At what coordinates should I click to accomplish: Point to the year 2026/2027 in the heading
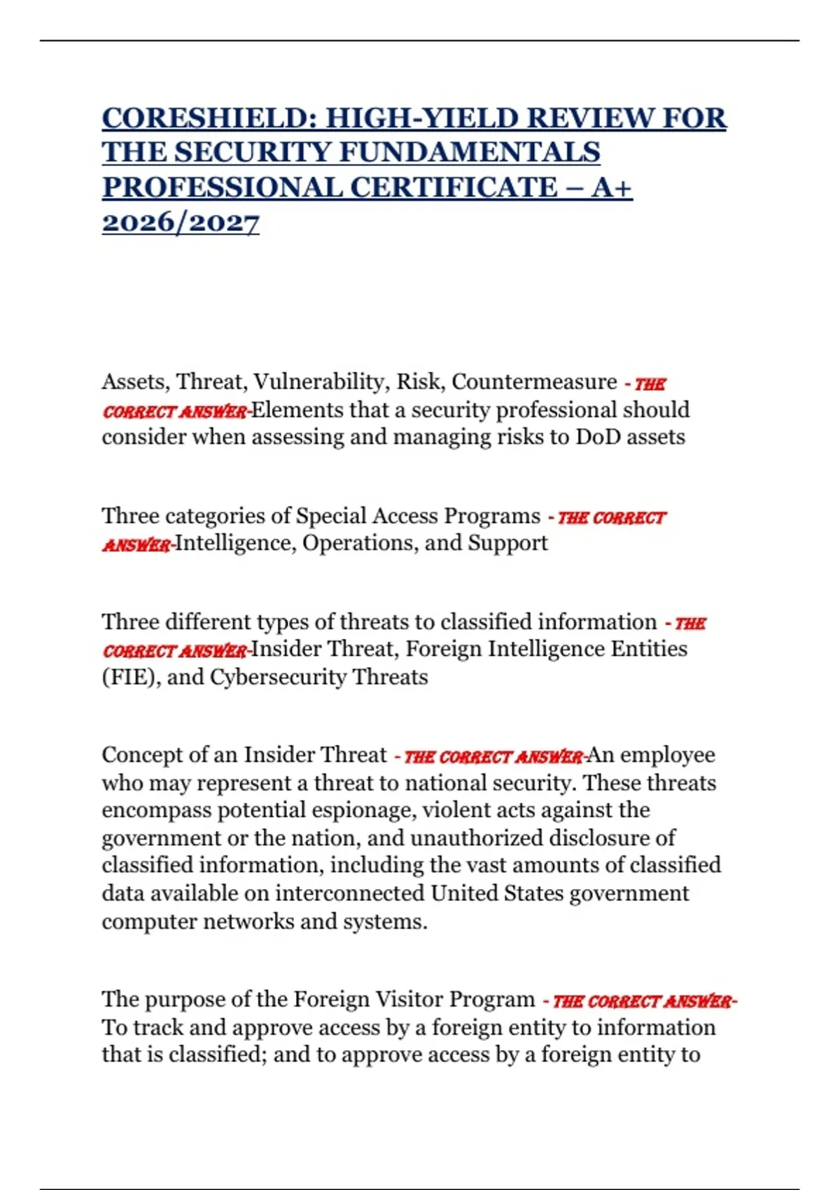pyautogui.click(x=181, y=223)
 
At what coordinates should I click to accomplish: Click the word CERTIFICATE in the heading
pyautogui.click(x=452, y=188)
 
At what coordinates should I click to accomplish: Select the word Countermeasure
pyautogui.click(x=534, y=382)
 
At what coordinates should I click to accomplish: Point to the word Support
pyautogui.click(x=507, y=543)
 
